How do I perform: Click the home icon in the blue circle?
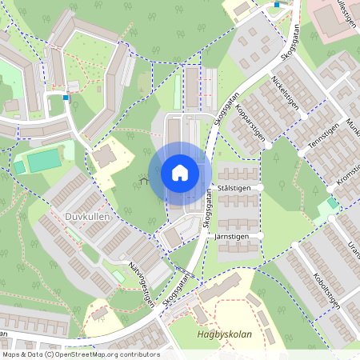tap(180, 173)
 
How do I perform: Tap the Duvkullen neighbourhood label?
tap(86, 216)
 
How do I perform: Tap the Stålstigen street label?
tap(234, 187)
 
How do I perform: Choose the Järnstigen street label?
tap(234, 238)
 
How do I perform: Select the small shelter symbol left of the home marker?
tap(145, 182)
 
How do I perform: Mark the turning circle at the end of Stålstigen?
tap(261, 187)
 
